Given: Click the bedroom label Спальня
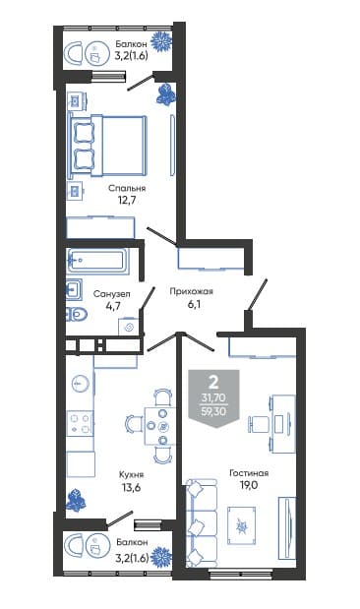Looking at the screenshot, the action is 127,188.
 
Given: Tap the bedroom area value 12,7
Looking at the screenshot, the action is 127,201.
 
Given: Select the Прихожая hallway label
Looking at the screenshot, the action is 192,291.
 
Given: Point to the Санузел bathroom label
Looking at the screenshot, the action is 112,293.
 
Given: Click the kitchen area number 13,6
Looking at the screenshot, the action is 131,487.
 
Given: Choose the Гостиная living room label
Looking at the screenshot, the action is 249,473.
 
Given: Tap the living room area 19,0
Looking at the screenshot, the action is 249,485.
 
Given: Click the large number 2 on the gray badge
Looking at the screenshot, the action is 213,383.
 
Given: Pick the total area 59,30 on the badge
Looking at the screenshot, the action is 213,411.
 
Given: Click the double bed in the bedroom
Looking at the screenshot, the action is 108,145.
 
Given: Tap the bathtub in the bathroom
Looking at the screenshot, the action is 97,260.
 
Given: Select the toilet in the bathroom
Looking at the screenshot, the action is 77,314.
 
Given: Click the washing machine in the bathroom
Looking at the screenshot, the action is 129,327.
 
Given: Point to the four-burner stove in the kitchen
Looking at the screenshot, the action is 80,423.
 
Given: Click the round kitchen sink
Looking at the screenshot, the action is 81,384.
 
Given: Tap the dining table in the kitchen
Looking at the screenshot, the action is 160,426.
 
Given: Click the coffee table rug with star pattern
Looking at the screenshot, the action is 242,526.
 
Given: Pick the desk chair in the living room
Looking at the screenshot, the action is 259,423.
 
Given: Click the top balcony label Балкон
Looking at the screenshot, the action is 132,44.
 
